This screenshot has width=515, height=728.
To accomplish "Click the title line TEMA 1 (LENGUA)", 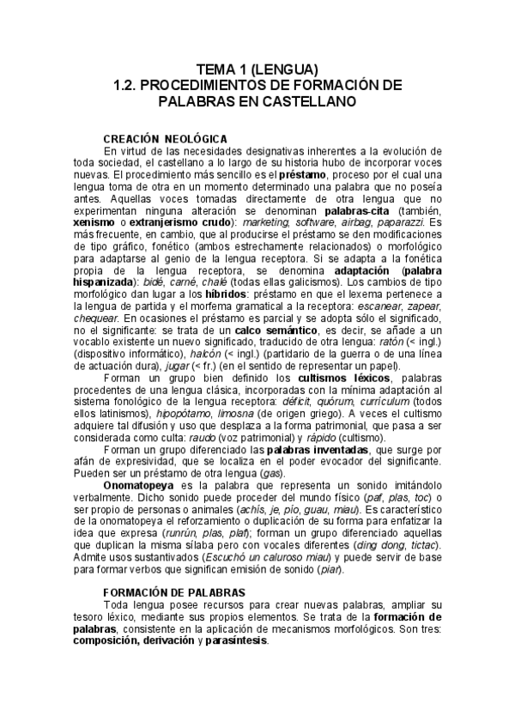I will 257,70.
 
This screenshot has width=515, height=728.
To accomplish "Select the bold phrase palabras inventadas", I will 317,449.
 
